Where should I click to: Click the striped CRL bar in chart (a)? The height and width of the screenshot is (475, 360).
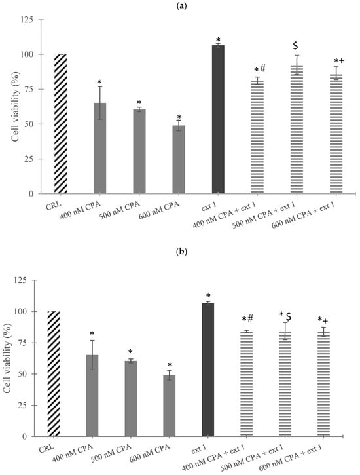60,124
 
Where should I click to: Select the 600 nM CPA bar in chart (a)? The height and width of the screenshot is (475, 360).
179,159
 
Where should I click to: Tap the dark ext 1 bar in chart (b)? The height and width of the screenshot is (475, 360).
207,370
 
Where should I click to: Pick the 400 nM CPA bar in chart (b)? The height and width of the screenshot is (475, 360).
92,396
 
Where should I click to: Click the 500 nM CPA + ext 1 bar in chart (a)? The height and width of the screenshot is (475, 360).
297,129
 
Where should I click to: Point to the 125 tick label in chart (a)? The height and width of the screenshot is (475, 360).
28,20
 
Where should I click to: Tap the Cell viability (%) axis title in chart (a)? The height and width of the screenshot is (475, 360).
16,106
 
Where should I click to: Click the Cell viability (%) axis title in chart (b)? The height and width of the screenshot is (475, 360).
8,358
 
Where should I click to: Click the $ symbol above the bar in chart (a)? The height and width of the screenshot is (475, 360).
295,46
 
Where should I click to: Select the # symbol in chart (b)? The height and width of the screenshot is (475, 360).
251,318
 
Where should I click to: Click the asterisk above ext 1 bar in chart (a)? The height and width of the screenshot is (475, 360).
218,40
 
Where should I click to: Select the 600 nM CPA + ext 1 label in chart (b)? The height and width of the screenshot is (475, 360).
291,461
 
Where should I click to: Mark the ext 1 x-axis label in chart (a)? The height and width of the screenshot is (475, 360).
209,206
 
